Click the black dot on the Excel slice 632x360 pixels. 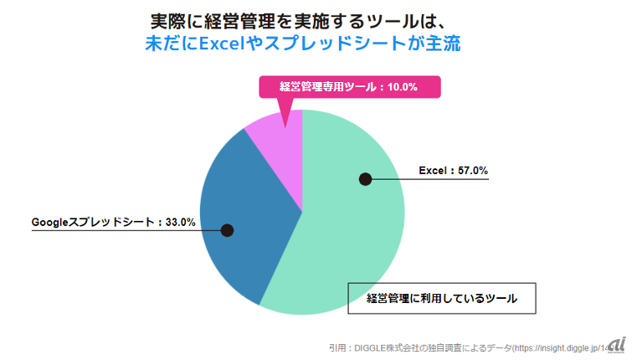(x=365, y=178)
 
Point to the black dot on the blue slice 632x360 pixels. (x=227, y=230)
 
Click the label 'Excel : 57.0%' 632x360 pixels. (x=453, y=170)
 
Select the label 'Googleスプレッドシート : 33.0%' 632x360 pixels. (x=114, y=223)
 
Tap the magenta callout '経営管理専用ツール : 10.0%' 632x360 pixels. (x=348, y=87)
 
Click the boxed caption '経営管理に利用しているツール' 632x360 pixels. (x=441, y=298)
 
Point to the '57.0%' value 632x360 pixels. (x=472, y=170)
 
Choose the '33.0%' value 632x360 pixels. (x=180, y=223)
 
